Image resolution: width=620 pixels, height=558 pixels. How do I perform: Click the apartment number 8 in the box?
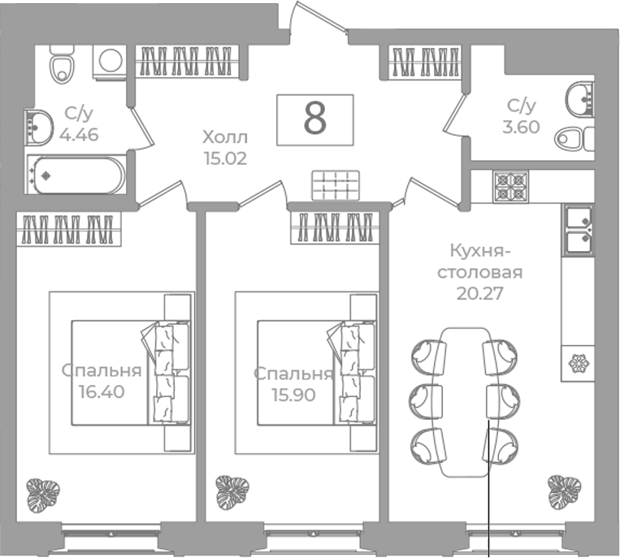point(315,119)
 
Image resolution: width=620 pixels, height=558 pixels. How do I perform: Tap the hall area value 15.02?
point(225,158)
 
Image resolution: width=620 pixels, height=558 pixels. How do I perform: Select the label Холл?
point(225,137)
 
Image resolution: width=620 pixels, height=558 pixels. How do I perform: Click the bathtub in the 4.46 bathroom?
point(76,175)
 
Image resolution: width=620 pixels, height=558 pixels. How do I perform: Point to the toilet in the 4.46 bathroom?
point(62,65)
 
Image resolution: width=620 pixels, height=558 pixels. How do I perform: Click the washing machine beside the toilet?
point(110,61)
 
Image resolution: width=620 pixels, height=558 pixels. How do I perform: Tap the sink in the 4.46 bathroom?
point(38,127)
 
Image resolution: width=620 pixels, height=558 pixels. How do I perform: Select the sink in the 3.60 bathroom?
point(580,99)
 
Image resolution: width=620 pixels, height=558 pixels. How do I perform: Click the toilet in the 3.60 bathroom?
point(574,139)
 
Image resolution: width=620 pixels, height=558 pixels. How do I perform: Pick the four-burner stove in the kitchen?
point(510,187)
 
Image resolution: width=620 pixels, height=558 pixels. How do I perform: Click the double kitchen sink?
point(578,229)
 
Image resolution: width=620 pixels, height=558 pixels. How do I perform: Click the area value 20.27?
point(479,293)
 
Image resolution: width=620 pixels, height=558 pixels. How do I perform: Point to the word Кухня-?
point(479,250)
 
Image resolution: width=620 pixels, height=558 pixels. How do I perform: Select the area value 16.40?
point(102,391)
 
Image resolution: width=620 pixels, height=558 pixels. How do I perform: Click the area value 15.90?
point(293,395)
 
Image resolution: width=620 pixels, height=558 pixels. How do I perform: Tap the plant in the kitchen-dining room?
point(564,492)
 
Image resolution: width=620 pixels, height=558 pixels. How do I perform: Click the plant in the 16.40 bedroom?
point(43,495)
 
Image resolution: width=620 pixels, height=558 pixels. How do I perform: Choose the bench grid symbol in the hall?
point(336,185)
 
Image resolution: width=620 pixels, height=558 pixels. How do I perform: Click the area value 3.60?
point(521,128)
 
